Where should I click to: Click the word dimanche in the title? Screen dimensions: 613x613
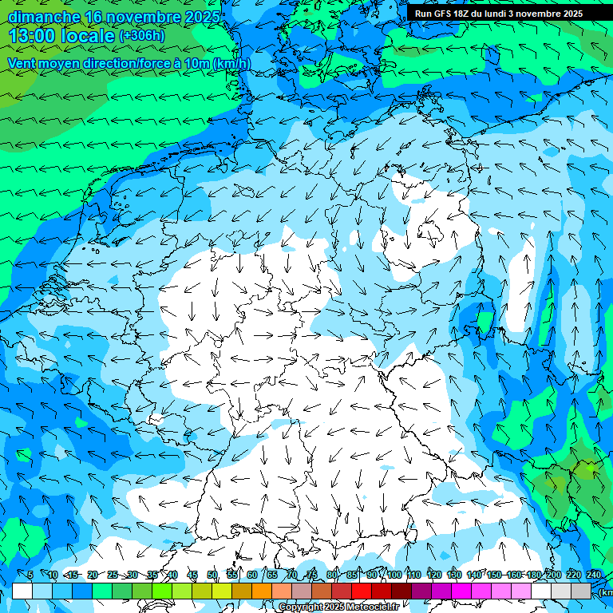click(43, 17)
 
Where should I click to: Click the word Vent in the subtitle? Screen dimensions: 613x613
click(23, 63)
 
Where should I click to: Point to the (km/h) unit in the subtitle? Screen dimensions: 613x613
click(231, 63)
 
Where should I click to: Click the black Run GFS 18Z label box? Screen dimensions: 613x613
click(499, 14)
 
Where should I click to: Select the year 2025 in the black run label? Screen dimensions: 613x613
click(569, 14)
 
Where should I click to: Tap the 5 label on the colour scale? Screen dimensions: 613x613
click(30, 575)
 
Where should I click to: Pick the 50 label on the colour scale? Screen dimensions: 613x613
click(212, 575)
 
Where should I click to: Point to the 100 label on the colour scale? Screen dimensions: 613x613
click(394, 575)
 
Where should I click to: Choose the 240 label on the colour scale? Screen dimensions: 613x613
click(594, 575)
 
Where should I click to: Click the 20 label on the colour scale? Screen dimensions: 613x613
click(93, 575)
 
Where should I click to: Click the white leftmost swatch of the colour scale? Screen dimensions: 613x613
click(22, 591)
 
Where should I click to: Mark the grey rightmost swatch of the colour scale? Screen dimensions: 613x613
click(581, 591)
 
